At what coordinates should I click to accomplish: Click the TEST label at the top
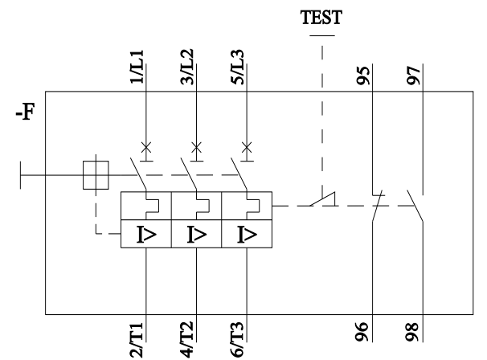(x=321, y=17)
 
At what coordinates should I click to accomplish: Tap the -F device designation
(x=25, y=112)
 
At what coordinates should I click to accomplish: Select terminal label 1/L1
(x=137, y=67)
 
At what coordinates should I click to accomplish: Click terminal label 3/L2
(x=187, y=67)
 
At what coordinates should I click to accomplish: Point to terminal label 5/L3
(x=237, y=67)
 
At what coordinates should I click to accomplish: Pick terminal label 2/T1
(x=137, y=340)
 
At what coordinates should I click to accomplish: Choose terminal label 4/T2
(x=186, y=340)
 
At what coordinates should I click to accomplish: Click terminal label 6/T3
(x=237, y=340)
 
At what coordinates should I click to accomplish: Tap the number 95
(x=363, y=76)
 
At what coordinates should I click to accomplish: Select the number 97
(x=414, y=76)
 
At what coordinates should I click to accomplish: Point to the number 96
(x=362, y=332)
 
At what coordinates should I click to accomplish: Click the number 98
(x=412, y=332)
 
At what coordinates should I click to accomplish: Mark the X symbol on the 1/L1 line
(x=146, y=148)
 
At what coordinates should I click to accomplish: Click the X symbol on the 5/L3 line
(x=247, y=148)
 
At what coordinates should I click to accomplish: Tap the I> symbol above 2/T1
(x=146, y=234)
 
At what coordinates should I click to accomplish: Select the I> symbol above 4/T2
(x=197, y=234)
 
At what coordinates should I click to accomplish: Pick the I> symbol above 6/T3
(x=247, y=234)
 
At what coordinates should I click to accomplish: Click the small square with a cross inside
(x=96, y=175)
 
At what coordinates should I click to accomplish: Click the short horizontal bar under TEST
(x=322, y=35)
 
